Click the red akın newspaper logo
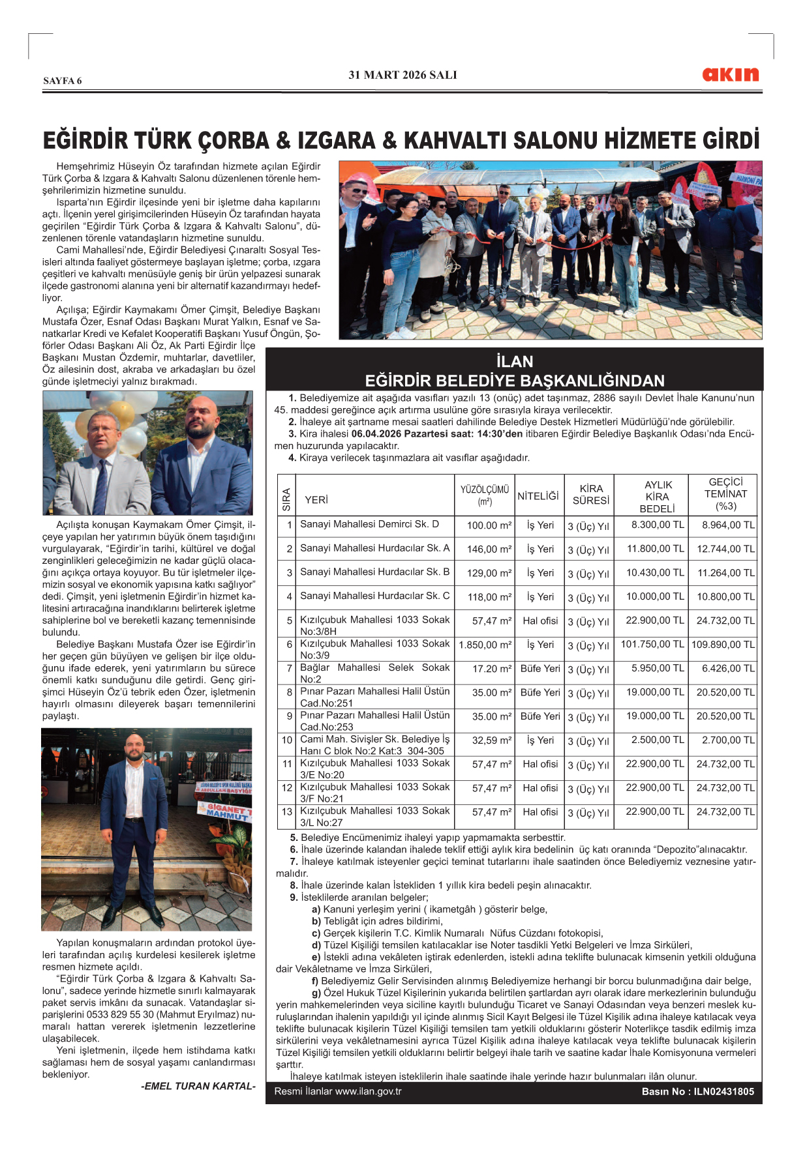click(x=730, y=74)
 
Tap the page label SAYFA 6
click(x=63, y=81)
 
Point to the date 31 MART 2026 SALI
click(x=402, y=75)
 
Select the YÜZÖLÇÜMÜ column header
click(x=484, y=495)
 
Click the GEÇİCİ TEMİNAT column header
click(x=725, y=494)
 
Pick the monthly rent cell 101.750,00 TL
click(x=652, y=645)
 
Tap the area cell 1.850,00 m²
click(x=485, y=645)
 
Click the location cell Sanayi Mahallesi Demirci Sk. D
click(x=369, y=524)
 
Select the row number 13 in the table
click(x=287, y=812)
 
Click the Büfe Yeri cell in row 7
click(x=540, y=669)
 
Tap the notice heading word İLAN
click(x=514, y=362)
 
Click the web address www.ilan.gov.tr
click(x=368, y=1091)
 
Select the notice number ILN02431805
click(x=723, y=1092)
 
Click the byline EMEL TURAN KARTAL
click(x=198, y=1086)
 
